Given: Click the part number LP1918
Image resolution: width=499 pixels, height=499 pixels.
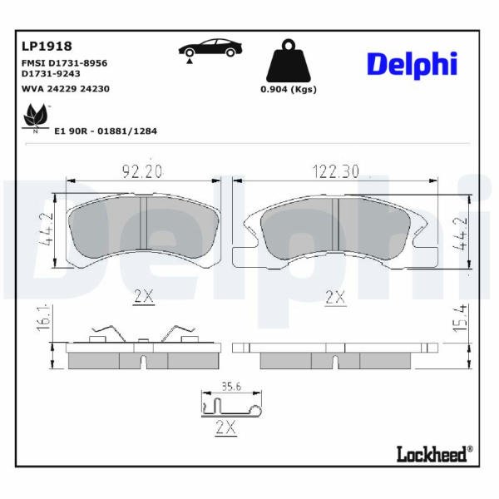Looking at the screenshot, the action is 47,47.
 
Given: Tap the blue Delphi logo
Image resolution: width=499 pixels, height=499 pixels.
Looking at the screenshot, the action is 413,65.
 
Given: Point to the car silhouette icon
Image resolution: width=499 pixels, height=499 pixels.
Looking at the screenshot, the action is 210,50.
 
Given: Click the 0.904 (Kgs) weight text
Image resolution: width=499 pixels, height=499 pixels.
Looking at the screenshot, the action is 289,90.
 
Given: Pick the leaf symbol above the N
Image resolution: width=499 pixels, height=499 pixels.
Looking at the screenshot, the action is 36,115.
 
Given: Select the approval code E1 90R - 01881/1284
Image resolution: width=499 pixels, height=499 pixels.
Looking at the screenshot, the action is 106,131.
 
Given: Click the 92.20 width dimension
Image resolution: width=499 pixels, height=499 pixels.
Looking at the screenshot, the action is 142,171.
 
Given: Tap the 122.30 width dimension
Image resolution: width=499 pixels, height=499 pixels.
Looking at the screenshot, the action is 336,171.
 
